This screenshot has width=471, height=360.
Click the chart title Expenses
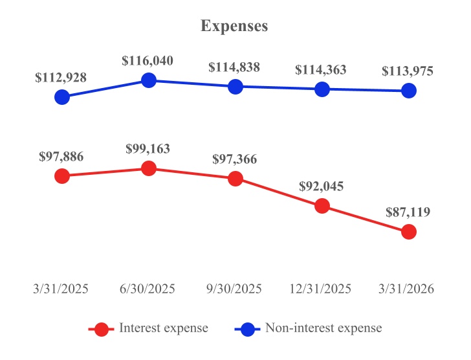pyautogui.click(x=234, y=27)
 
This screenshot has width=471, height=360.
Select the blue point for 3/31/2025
pyautogui.click(x=62, y=97)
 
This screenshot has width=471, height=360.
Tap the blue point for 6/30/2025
pyautogui.click(x=148, y=80)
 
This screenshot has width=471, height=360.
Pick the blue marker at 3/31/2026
pyautogui.click(x=408, y=91)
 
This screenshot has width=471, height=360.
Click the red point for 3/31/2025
pyautogui.click(x=62, y=175)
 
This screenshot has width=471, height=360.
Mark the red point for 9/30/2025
pyautogui.click(x=235, y=179)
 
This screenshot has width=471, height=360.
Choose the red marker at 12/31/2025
pyautogui.click(x=322, y=206)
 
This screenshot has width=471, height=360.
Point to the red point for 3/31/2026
pyautogui.click(x=408, y=232)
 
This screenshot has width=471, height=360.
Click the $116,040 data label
pyautogui.click(x=148, y=62)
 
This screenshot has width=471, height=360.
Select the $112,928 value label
pyautogui.click(x=61, y=78)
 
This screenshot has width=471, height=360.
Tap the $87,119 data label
pyautogui.click(x=408, y=212)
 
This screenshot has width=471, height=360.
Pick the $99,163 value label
pyautogui.click(x=148, y=149)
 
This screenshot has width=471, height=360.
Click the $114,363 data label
pyautogui.click(x=322, y=70)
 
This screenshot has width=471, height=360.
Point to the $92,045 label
pyautogui.click(x=322, y=186)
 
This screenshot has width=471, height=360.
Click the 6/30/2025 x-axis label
pyautogui.click(x=148, y=289)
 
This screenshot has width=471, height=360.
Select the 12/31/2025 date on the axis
pyautogui.click(x=322, y=289)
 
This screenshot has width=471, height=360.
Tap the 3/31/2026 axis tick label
pyautogui.click(x=408, y=289)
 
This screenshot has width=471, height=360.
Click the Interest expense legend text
pyautogui.click(x=164, y=328)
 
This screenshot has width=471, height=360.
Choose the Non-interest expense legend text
pyautogui.click(x=323, y=328)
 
